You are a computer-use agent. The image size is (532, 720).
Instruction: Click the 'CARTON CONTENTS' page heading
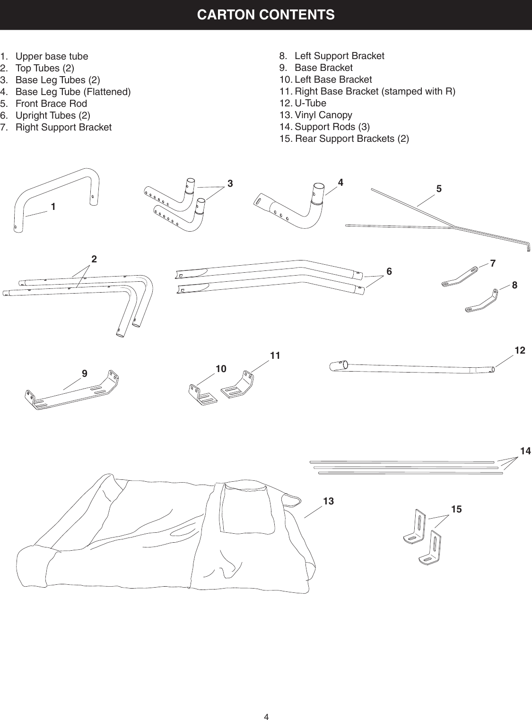pyautogui.click(x=266, y=15)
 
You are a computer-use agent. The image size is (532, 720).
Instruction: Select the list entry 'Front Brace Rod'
pyautogui.click(x=51, y=104)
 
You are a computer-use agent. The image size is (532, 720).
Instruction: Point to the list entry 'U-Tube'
pyautogui.click(x=310, y=103)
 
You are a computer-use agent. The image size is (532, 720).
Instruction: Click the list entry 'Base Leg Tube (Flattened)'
pyautogui.click(x=73, y=92)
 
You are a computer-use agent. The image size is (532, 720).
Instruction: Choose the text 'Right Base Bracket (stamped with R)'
pyautogui.click(x=375, y=91)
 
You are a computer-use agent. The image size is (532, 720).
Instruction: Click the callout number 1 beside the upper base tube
pyautogui.click(x=53, y=207)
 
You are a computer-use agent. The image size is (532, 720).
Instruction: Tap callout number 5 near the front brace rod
pyautogui.click(x=439, y=189)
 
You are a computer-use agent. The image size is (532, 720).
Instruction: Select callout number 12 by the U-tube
pyautogui.click(x=520, y=350)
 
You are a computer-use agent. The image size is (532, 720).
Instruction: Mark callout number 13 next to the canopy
pyautogui.click(x=328, y=501)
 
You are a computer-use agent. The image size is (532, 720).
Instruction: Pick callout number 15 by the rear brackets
pyautogui.click(x=456, y=509)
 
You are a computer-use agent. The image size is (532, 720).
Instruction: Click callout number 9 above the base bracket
pyautogui.click(x=84, y=373)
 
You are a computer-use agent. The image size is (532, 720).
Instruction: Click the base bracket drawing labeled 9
pyautogui.click(x=71, y=392)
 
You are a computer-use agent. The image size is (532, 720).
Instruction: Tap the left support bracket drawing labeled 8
pyautogui.click(x=482, y=303)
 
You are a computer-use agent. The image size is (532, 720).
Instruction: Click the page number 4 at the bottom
pyautogui.click(x=266, y=704)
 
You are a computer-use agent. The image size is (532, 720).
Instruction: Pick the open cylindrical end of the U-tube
pyautogui.click(x=337, y=365)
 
